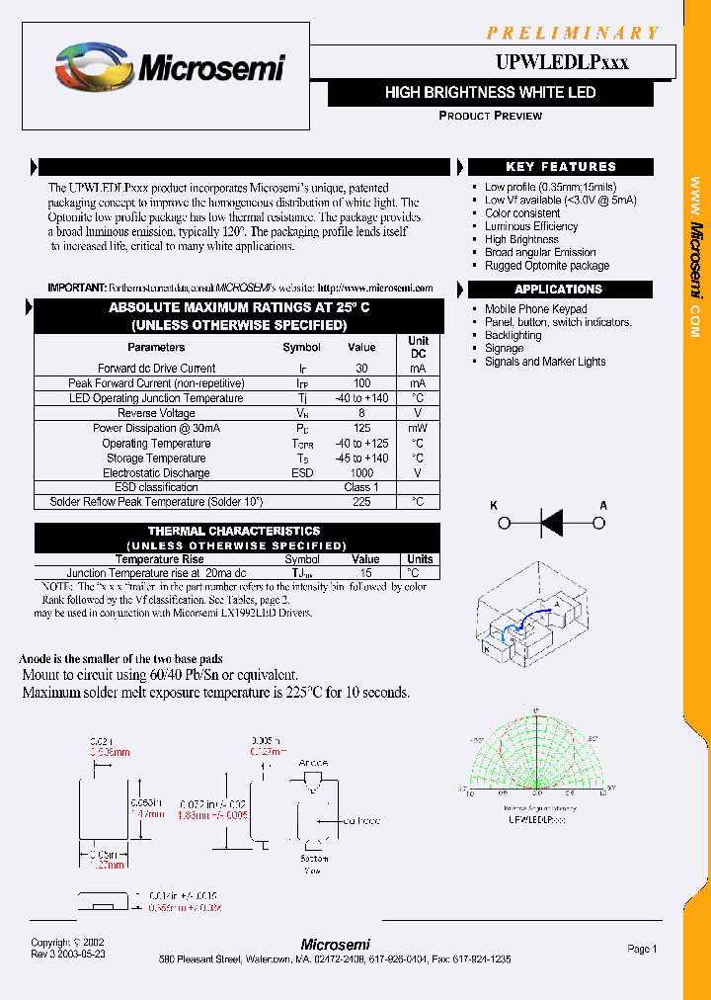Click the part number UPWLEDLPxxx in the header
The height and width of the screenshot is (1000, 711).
(x=561, y=62)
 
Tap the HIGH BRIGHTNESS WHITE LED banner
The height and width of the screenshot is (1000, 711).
(x=490, y=93)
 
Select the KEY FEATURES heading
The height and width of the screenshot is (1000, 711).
(x=560, y=167)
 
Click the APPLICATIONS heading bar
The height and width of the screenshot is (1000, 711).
(x=558, y=290)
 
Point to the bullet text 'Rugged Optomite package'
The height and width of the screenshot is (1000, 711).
(x=546, y=266)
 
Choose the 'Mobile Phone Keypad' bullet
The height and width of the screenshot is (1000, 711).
(x=535, y=309)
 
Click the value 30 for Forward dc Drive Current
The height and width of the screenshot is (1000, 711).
(x=361, y=368)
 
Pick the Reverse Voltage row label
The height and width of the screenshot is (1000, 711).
(x=156, y=413)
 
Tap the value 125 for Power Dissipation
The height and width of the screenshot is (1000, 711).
(x=361, y=429)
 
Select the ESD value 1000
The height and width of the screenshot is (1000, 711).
(x=361, y=473)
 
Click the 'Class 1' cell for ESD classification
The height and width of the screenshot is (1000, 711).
(x=361, y=487)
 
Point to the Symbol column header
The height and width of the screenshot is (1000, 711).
(x=301, y=347)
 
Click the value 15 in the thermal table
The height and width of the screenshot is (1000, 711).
(x=365, y=573)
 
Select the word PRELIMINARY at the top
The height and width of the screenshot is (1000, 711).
(x=572, y=34)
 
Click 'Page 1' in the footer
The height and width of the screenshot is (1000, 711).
(x=642, y=949)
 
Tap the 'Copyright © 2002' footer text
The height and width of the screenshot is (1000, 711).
(x=67, y=943)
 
